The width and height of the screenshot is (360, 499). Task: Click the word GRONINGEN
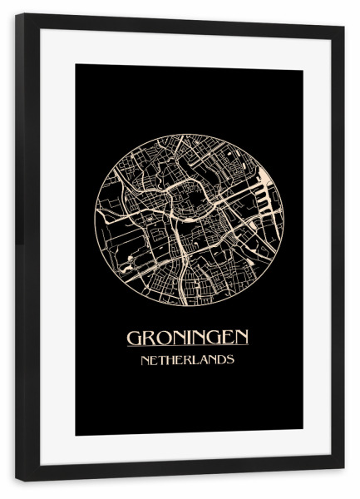(x=188, y=338)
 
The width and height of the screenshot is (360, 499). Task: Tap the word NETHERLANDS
(x=188, y=361)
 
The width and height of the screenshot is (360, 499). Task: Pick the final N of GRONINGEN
(x=240, y=338)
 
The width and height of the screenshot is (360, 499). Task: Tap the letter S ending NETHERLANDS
(x=230, y=361)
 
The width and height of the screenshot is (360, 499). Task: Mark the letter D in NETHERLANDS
(x=219, y=361)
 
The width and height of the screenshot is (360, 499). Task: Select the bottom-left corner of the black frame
(x=17, y=481)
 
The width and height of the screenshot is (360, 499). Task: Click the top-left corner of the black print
(x=76, y=65)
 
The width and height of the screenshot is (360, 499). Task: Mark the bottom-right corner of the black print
(x=303, y=435)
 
